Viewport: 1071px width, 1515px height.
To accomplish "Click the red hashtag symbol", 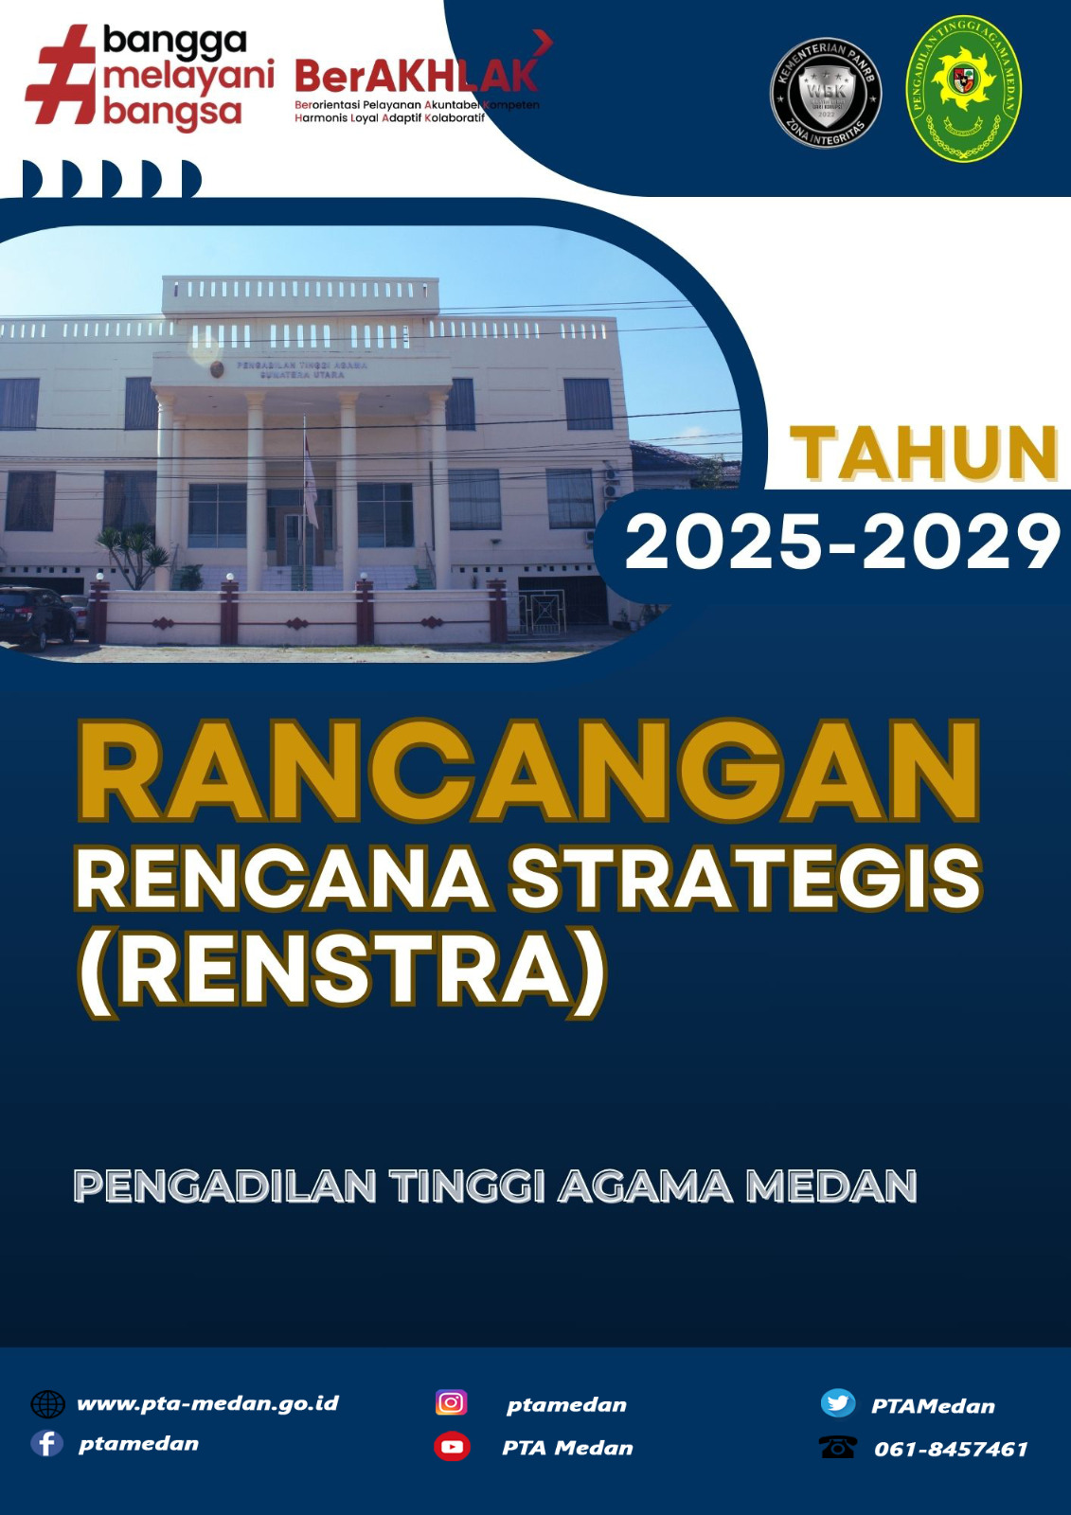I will tap(61, 76).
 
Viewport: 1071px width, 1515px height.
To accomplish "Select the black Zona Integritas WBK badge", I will tap(826, 93).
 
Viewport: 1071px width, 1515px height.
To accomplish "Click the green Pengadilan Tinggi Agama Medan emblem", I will tap(963, 88).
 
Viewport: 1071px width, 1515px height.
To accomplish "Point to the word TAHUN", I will tap(923, 454).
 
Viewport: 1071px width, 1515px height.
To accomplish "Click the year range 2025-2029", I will tap(842, 543).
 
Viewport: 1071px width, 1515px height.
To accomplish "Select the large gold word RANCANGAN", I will tap(528, 772).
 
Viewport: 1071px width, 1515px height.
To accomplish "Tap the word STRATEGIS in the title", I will tap(745, 879).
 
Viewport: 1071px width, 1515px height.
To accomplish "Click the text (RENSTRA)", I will tap(342, 971).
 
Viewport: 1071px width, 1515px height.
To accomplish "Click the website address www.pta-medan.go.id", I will tap(207, 1403).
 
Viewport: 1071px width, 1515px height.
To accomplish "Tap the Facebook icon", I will tap(46, 1443).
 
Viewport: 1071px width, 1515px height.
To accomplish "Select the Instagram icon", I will tap(451, 1402).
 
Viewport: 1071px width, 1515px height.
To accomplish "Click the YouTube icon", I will tap(452, 1447).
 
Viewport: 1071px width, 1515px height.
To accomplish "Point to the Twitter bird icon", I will tap(837, 1402).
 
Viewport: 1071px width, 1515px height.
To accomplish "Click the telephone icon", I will tap(837, 1447).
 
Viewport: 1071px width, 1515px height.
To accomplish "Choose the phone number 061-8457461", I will tap(951, 1449).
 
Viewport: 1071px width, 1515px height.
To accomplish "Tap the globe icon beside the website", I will tap(47, 1403).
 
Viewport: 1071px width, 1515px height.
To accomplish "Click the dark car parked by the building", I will tap(36, 615).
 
